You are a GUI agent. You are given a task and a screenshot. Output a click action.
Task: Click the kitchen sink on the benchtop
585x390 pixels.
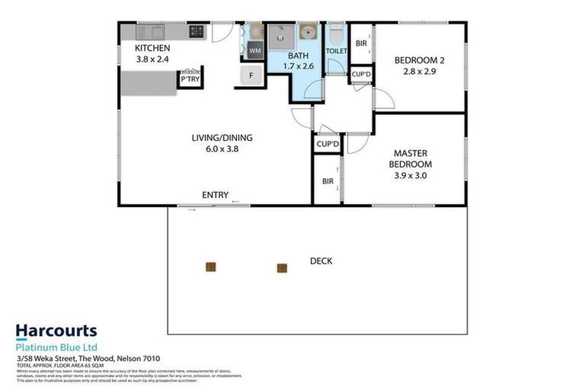pos(151,32)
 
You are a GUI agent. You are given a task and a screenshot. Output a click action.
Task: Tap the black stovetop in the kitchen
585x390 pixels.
pos(197,32)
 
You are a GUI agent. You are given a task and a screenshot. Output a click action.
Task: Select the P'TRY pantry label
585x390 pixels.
pos(187,79)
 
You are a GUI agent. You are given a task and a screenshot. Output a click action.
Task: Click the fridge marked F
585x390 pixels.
pos(248,75)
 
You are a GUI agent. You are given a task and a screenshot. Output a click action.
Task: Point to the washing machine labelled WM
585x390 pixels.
pos(254,51)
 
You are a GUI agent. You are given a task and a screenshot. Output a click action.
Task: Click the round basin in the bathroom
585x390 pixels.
pos(308,33)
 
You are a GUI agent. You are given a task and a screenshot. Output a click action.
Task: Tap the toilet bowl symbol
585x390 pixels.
pos(336,36)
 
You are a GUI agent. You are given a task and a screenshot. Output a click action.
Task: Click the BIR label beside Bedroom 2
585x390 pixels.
pos(361,43)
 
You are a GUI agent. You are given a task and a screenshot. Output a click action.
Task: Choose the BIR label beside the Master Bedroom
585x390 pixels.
pos(328,181)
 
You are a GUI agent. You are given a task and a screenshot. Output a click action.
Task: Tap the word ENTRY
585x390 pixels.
pos(216,196)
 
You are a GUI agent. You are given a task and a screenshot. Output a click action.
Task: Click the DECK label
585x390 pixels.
pos(321,261)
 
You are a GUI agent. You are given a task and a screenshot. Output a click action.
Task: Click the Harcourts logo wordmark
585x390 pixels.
pos(56,331)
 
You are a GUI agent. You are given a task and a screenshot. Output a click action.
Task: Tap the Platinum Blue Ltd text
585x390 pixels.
pos(56,347)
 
